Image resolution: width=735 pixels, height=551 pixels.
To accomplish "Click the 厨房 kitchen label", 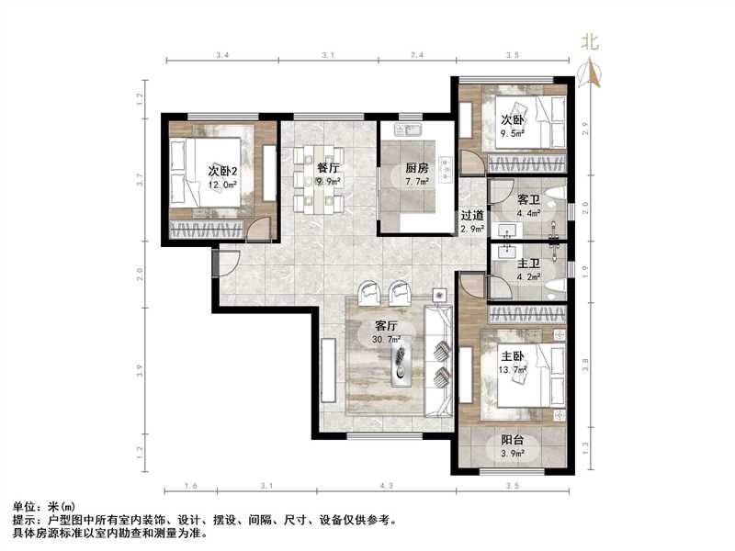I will coord(417,168).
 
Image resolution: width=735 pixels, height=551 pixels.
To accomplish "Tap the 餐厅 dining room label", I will coord(328,168).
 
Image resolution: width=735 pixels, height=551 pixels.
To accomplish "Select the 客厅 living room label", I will coord(386,326).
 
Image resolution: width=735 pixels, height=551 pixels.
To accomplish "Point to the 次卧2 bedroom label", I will coord(222,171).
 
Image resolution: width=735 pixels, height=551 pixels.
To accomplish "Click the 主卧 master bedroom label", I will coord(512,355).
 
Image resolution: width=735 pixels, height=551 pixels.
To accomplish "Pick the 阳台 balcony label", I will coord(512,439).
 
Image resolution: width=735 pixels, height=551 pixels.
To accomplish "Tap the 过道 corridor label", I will coord(472,216).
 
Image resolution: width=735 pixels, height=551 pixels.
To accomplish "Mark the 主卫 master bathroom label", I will coord(527,261).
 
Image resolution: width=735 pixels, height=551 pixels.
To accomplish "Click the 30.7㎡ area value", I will coord(387,340).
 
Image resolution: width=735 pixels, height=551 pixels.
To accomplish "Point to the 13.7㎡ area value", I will coord(512,369).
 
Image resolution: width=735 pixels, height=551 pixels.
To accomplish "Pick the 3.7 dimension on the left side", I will coord(141,181).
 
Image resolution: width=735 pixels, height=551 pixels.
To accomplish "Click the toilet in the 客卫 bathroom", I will coord(555,197).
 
